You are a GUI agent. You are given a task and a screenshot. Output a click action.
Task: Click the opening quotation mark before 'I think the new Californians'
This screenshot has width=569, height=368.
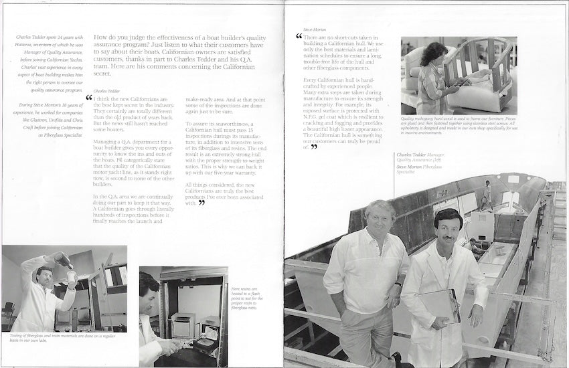click(88, 98)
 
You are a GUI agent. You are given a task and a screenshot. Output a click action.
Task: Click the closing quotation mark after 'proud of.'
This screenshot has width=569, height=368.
click(313, 147)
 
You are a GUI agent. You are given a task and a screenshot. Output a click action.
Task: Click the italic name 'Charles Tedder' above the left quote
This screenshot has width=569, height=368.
click(107, 90)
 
